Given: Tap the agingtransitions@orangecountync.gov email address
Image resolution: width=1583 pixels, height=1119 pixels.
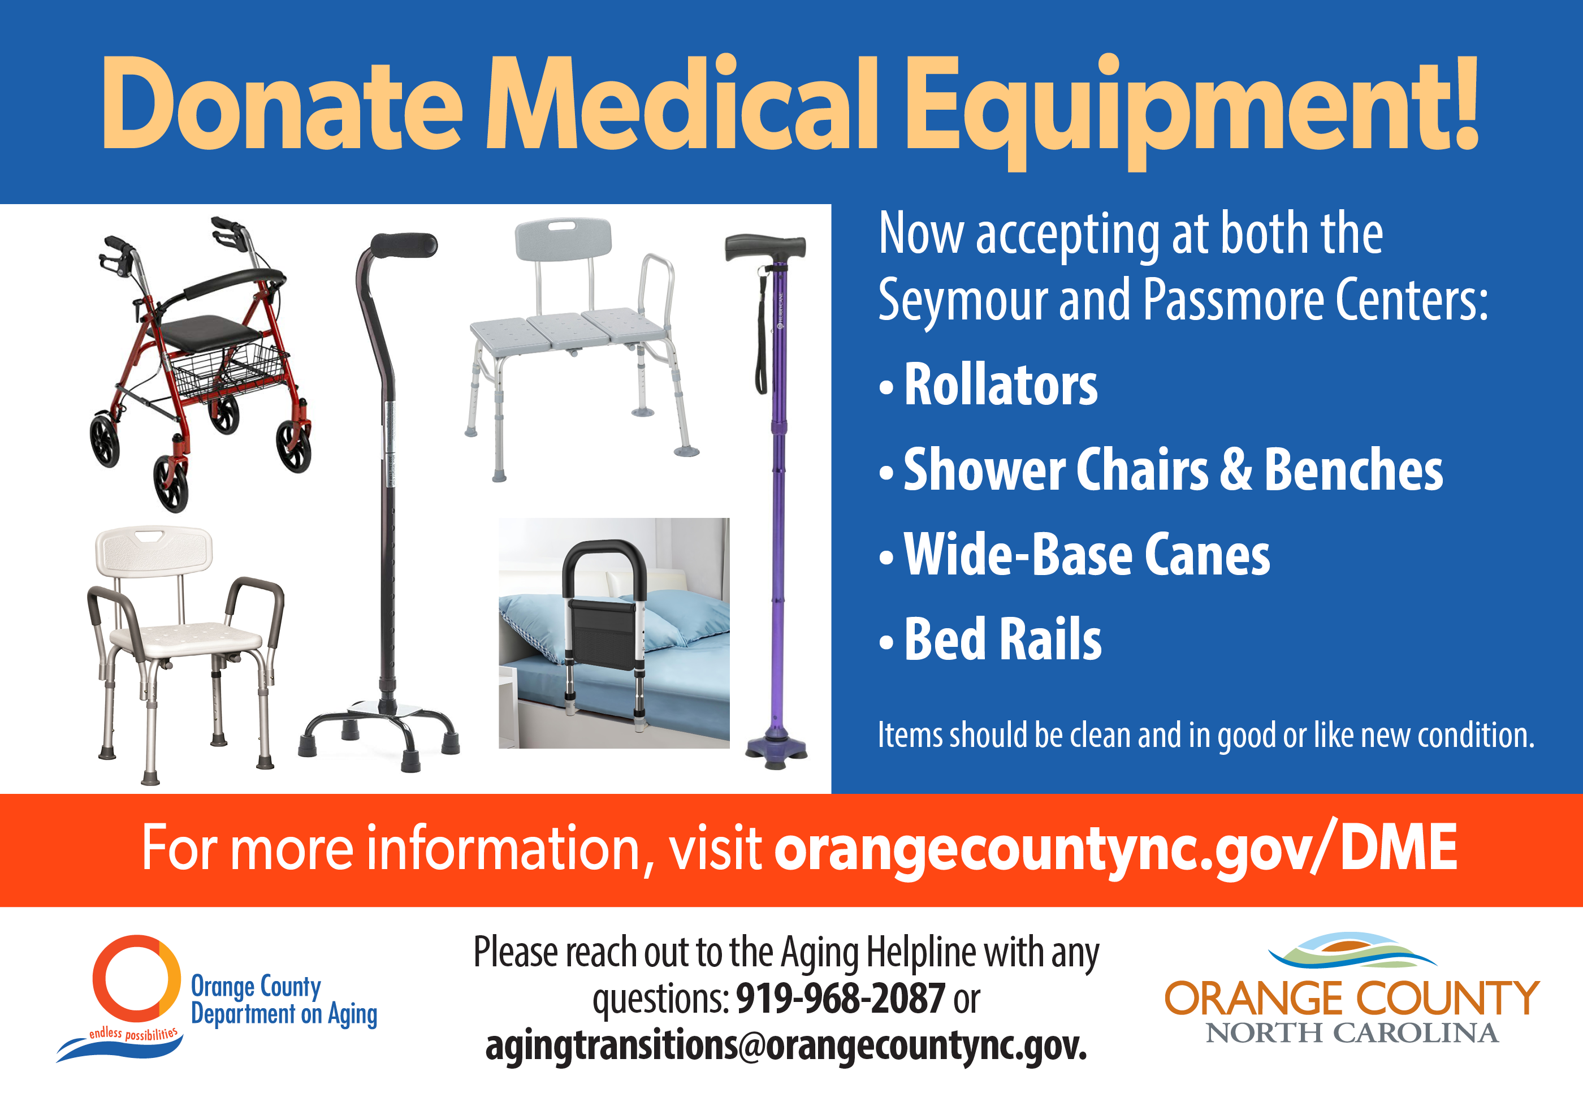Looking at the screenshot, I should (786, 1045).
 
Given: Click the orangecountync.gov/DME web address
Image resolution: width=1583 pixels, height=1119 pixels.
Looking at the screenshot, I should (1115, 849).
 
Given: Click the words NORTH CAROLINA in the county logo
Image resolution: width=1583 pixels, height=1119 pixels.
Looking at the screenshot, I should (1351, 1034).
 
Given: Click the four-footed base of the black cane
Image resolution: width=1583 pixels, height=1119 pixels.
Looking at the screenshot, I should (379, 731).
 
